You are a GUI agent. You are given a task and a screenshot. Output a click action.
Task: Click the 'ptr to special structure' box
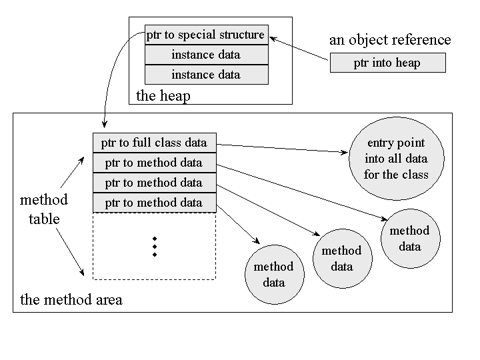[206, 35]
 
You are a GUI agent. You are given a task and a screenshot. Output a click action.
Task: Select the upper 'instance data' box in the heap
[206, 55]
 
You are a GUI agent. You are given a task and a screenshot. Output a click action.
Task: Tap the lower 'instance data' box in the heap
[206, 75]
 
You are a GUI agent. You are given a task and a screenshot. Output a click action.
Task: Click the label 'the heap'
[163, 95]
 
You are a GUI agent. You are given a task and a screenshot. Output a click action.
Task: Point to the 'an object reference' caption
[390, 40]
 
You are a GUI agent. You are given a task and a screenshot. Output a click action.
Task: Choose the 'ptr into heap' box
[387, 64]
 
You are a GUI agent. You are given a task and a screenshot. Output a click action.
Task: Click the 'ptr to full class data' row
[154, 143]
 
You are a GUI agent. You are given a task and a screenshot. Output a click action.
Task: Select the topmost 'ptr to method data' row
[154, 163]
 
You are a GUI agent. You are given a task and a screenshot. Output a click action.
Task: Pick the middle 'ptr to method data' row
[154, 183]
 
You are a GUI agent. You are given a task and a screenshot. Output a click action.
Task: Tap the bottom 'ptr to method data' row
[154, 203]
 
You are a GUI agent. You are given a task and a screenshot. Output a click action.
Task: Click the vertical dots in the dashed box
[154, 246]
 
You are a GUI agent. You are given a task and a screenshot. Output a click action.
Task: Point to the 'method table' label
[44, 209]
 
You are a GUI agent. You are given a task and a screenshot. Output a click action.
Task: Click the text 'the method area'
[71, 300]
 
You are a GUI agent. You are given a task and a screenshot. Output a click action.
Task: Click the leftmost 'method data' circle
[273, 274]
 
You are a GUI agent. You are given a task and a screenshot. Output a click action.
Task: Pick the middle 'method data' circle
[341, 258]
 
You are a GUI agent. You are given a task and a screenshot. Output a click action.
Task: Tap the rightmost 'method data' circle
[409, 238]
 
